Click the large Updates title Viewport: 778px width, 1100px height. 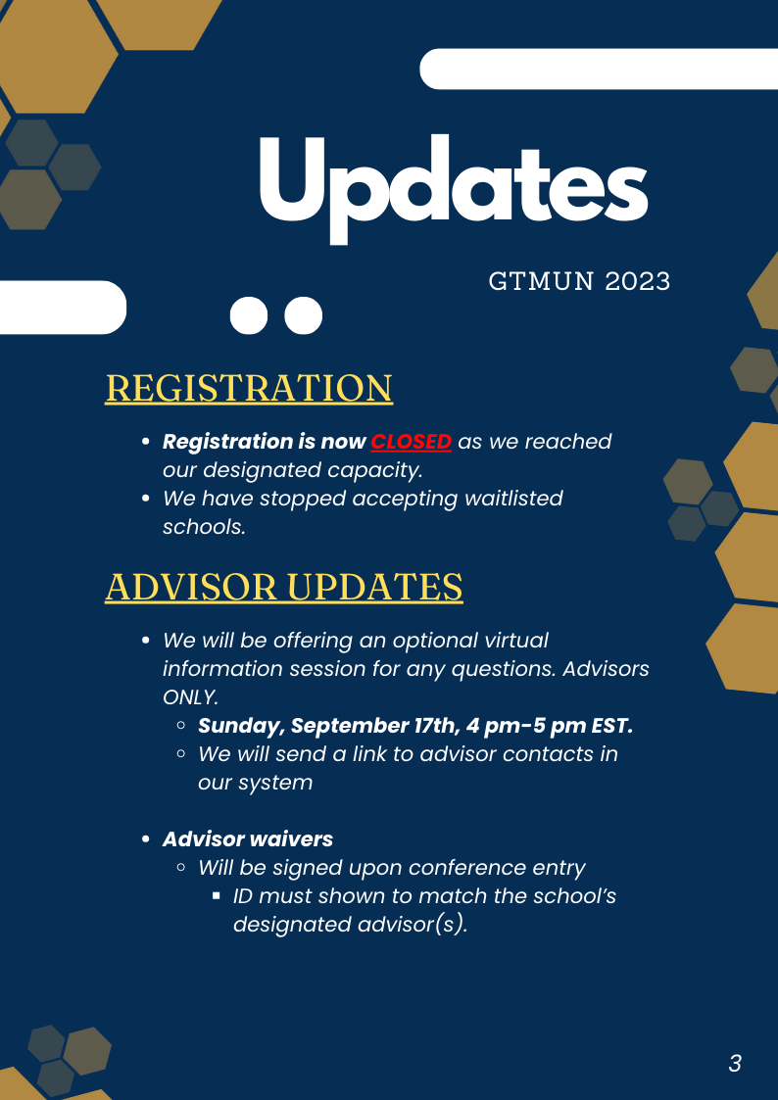coord(454,188)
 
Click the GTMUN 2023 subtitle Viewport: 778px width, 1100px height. coord(579,282)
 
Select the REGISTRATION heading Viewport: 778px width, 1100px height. coord(249,389)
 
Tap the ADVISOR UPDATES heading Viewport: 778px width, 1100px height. coord(284,587)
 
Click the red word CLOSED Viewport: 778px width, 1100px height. coord(412,442)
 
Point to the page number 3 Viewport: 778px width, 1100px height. coord(735,1064)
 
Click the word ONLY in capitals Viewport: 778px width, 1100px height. coord(190,697)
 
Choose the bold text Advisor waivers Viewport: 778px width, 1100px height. coord(248,839)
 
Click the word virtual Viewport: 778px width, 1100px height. coord(512,641)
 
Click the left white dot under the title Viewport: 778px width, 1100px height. coord(248,315)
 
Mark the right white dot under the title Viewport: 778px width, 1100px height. coord(303,315)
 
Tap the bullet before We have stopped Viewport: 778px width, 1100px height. coord(146,499)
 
